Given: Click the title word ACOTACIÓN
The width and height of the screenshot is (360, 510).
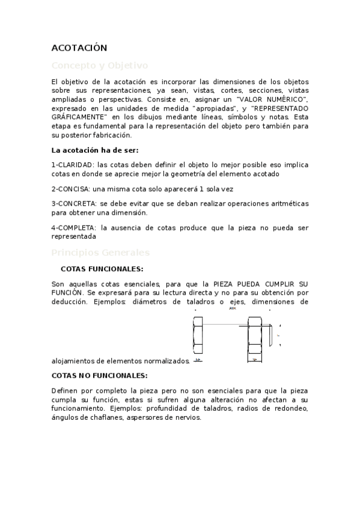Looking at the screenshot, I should click(79, 48).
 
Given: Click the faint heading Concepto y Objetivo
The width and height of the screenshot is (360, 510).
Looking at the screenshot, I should click(99, 65).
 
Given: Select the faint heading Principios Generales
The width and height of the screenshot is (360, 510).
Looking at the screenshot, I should click(100, 253).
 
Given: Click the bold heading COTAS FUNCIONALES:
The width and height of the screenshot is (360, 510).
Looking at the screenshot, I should click(102, 269).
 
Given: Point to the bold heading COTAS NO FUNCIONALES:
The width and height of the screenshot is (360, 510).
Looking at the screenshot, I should click(99, 375).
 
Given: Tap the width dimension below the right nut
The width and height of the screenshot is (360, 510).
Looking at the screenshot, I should click(255, 360).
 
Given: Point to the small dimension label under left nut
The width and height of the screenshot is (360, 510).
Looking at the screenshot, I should click(197, 360).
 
